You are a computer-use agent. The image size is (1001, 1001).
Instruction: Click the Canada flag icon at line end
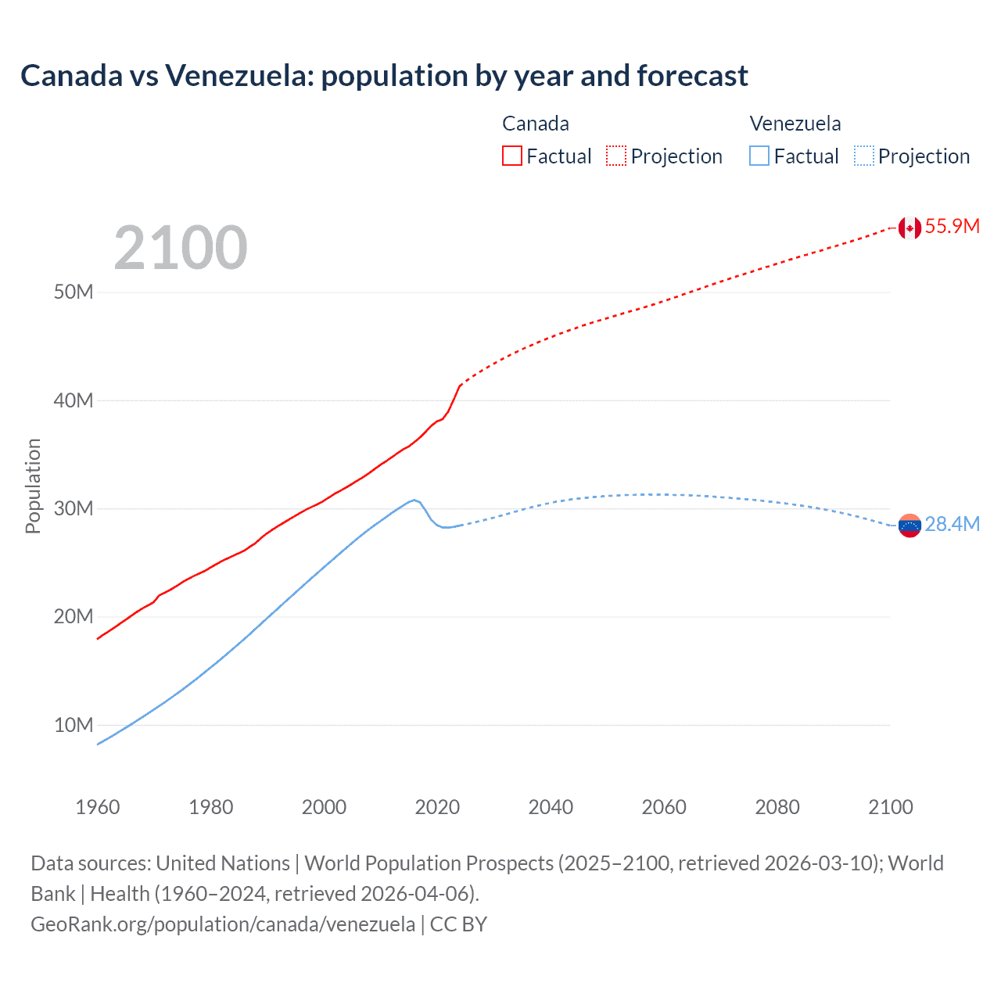coord(909,228)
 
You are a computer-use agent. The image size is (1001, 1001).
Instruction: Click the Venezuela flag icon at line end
coord(909,526)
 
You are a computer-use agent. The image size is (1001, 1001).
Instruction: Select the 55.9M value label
coord(952,226)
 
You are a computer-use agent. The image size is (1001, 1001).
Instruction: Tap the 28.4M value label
coord(952,524)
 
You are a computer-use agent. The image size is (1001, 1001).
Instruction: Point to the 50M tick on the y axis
coord(74,292)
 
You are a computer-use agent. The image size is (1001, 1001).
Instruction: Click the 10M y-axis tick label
coord(74,725)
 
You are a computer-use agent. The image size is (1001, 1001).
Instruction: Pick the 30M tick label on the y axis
coord(74,509)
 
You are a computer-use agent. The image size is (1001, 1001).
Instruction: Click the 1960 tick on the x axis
coord(98,807)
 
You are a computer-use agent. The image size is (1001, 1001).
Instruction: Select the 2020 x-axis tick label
coord(437,807)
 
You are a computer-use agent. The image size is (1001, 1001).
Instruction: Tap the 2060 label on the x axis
coord(664,807)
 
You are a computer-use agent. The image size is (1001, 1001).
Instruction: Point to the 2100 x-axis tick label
coord(890,807)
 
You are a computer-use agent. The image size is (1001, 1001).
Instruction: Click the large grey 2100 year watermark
coord(181,248)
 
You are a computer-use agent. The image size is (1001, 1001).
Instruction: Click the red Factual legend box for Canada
coord(511,156)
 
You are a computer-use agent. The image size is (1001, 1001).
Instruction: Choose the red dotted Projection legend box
coord(616,156)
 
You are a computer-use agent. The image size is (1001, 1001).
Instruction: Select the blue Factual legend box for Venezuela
coord(759,156)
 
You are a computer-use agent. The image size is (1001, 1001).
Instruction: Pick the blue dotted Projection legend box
coord(864,156)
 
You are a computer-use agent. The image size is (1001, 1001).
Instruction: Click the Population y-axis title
coord(33,486)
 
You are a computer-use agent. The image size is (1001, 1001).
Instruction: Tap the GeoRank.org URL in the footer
coord(223,924)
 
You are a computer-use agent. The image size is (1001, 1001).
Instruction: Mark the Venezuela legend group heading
coord(795,124)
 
